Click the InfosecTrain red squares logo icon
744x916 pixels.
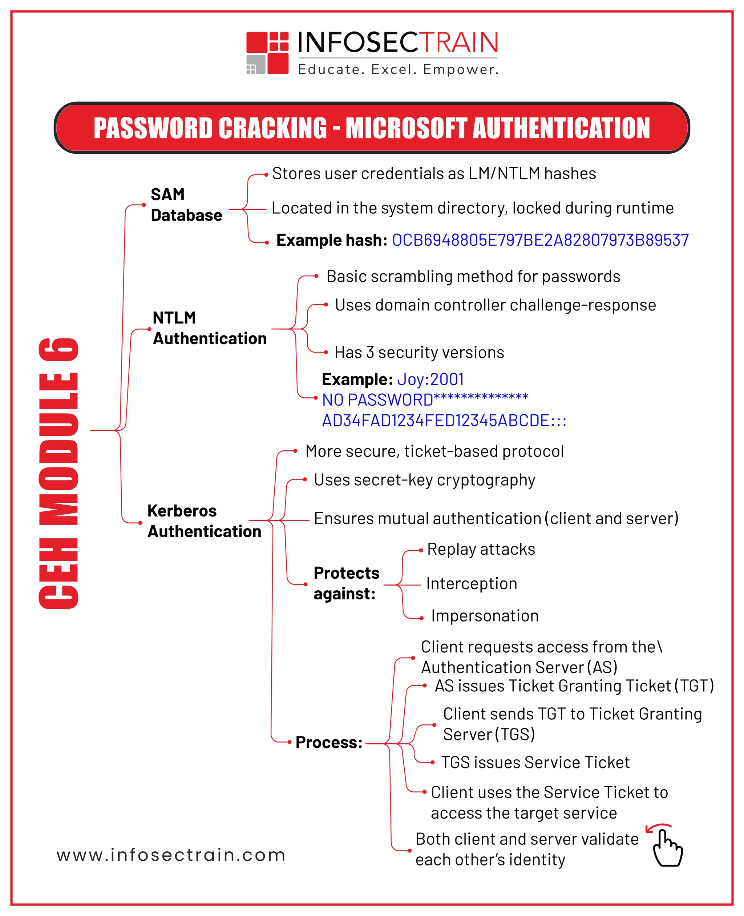(267, 53)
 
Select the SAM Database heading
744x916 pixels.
(186, 205)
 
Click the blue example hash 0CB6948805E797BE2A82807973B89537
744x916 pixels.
(540, 240)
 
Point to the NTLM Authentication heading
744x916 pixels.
(209, 328)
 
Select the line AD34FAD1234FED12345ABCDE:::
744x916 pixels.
(444, 421)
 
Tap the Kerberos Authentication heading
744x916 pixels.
(204, 521)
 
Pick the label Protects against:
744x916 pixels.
(346, 583)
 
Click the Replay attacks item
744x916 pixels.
(481, 549)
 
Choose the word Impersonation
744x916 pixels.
(484, 616)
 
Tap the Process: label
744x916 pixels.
(329, 742)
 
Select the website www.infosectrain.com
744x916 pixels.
(171, 855)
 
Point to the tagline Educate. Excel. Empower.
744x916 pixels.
(398, 69)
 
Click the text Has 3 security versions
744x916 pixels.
(419, 353)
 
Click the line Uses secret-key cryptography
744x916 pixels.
(424, 480)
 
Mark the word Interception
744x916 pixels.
(472, 584)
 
